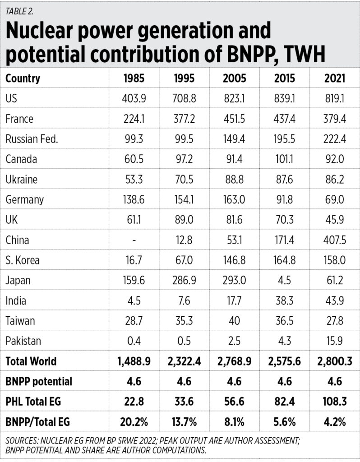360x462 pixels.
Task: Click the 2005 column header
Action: [x=235, y=78]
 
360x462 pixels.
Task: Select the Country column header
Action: [x=23, y=78]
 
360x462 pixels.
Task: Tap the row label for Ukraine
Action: [x=22, y=180]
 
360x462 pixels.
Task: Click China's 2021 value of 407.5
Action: [x=334, y=240]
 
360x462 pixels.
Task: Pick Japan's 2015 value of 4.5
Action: [x=285, y=281]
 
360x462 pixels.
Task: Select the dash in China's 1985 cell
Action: [x=134, y=240]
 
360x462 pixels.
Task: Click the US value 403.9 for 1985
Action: [x=134, y=98]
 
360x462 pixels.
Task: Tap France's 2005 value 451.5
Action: [x=235, y=119]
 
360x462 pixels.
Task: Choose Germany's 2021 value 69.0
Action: [x=334, y=200]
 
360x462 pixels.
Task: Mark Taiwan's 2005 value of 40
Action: [x=235, y=321]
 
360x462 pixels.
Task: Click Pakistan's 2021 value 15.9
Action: [x=334, y=342]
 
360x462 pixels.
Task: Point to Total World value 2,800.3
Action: [x=334, y=361]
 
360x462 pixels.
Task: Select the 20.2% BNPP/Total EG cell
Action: [x=134, y=422]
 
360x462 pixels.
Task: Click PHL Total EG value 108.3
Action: [x=334, y=402]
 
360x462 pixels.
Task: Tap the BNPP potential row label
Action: [x=39, y=382]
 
